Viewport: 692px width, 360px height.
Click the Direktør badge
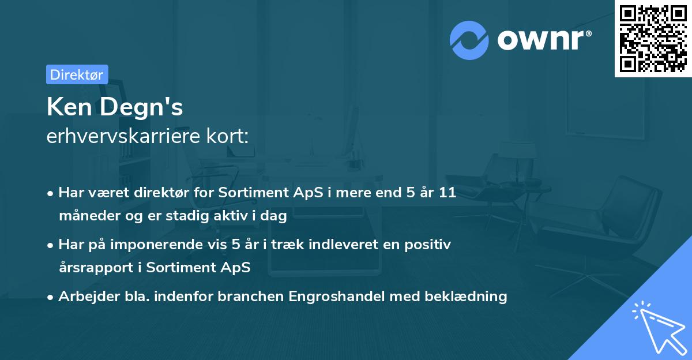pyautogui.click(x=77, y=74)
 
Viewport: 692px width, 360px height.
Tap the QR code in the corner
pyautogui.click(x=653, y=38)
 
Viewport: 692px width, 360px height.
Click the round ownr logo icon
pyautogui.click(x=469, y=40)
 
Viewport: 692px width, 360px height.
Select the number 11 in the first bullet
pyautogui.click(x=447, y=193)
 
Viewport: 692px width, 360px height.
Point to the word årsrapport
pyautogui.click(x=100, y=268)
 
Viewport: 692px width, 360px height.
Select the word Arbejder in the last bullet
pyautogui.click(x=85, y=297)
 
